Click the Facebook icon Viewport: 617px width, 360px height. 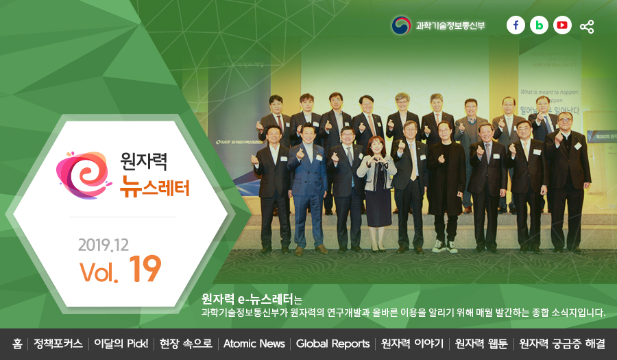point(516,25)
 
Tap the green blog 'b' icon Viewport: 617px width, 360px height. point(539,25)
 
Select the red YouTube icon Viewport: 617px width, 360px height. point(562,25)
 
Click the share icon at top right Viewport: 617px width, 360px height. point(587,27)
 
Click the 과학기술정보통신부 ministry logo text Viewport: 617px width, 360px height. point(449,26)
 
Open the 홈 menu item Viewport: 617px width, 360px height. point(17,344)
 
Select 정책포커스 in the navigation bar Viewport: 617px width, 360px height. point(58,344)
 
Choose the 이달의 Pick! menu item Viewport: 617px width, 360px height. point(121,344)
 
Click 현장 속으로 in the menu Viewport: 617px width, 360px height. point(186,344)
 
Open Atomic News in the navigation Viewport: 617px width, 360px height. point(254,344)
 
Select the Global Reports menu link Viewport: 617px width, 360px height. point(332,344)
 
